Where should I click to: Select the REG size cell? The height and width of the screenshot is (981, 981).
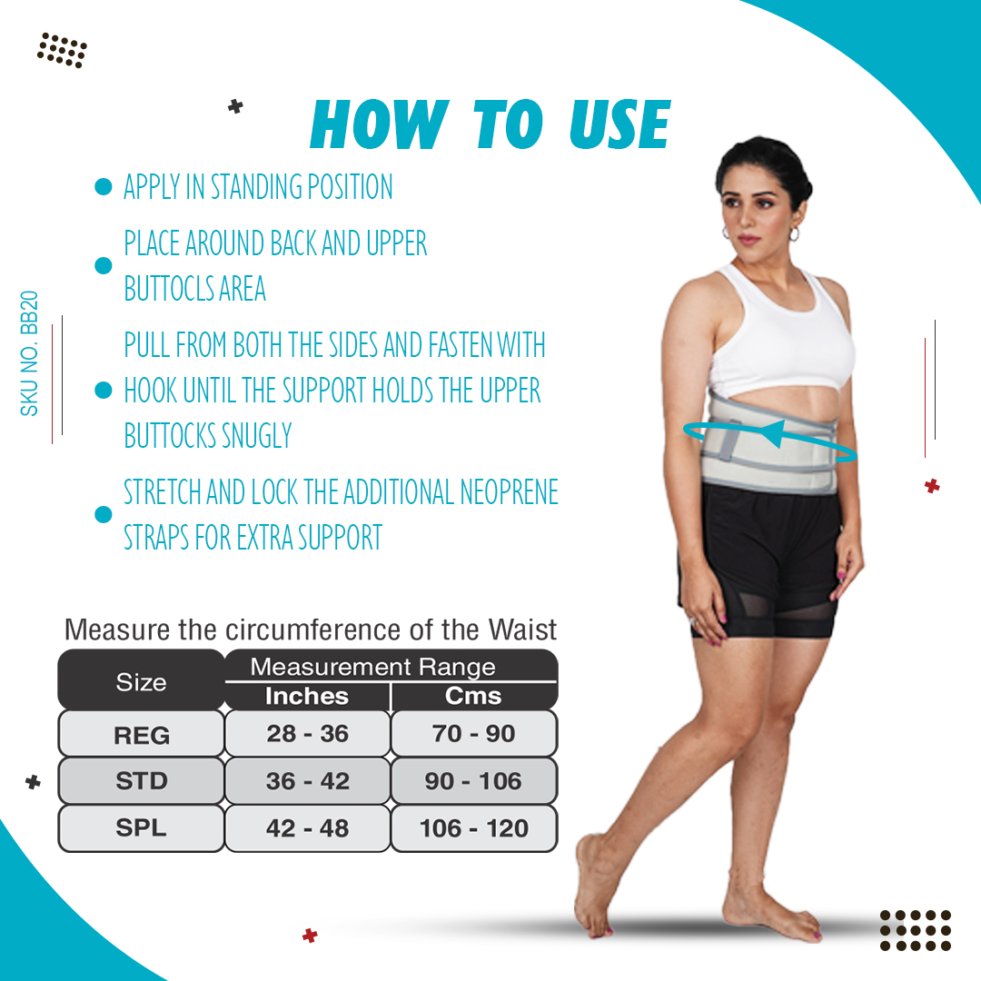(x=142, y=734)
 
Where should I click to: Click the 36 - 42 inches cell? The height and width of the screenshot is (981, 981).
(x=307, y=781)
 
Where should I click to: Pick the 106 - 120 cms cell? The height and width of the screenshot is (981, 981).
(x=473, y=828)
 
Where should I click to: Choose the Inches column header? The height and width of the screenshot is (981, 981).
(x=307, y=697)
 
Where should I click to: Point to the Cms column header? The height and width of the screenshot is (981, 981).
(x=473, y=697)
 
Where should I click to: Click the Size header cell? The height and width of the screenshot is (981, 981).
(x=142, y=680)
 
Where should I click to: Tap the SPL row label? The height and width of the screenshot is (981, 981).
(x=142, y=828)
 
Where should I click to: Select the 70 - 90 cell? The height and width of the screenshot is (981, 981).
(x=473, y=733)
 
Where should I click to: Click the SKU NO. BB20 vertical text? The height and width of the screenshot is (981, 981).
(x=29, y=353)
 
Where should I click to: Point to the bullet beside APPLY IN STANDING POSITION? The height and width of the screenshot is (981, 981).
(x=104, y=186)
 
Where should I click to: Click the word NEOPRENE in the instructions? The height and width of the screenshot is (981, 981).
(x=510, y=491)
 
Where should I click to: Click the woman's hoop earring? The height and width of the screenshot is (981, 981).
(x=795, y=234)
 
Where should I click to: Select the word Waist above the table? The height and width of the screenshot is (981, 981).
(x=522, y=630)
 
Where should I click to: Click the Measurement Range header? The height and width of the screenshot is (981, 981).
(x=373, y=667)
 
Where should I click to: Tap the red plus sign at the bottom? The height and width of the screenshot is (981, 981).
(x=310, y=936)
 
